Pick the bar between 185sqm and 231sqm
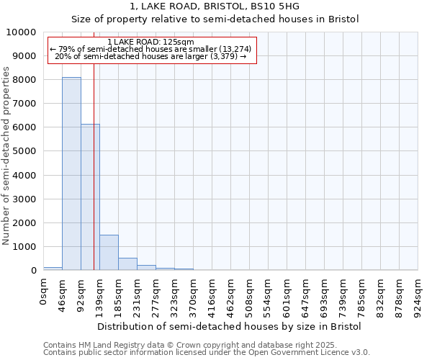127,264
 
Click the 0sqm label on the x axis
44,292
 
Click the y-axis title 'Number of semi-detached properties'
6,156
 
